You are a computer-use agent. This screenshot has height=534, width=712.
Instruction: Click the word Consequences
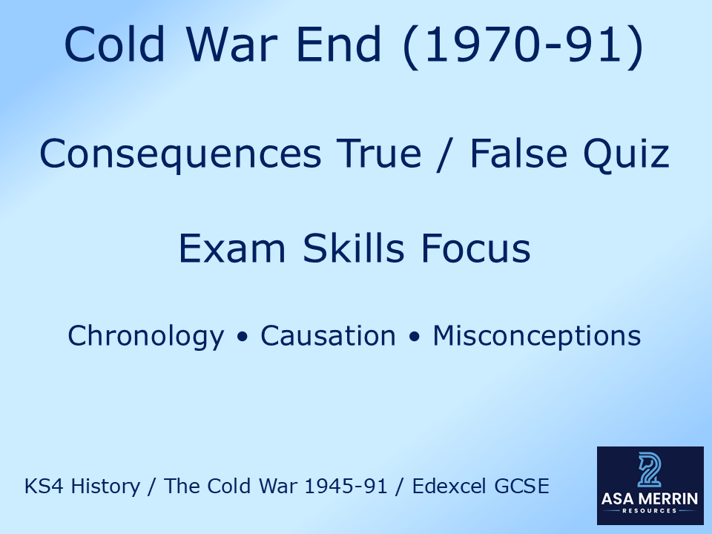pyautogui.click(x=180, y=154)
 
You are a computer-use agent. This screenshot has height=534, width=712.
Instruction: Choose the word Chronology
pyautogui.click(x=145, y=336)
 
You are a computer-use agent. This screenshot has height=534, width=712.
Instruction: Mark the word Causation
pyautogui.click(x=328, y=336)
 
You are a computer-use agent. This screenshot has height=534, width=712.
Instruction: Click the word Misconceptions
pyautogui.click(x=537, y=336)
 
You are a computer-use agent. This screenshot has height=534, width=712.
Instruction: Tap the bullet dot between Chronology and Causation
pyautogui.click(x=242, y=337)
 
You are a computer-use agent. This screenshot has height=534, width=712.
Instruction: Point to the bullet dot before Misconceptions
pyautogui.click(x=415, y=337)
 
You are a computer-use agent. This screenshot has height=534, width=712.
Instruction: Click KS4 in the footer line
pyautogui.click(x=41, y=487)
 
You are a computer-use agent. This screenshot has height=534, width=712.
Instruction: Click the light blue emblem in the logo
pyautogui.click(x=650, y=470)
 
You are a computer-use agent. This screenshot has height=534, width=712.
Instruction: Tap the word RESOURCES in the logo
pyautogui.click(x=650, y=511)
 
